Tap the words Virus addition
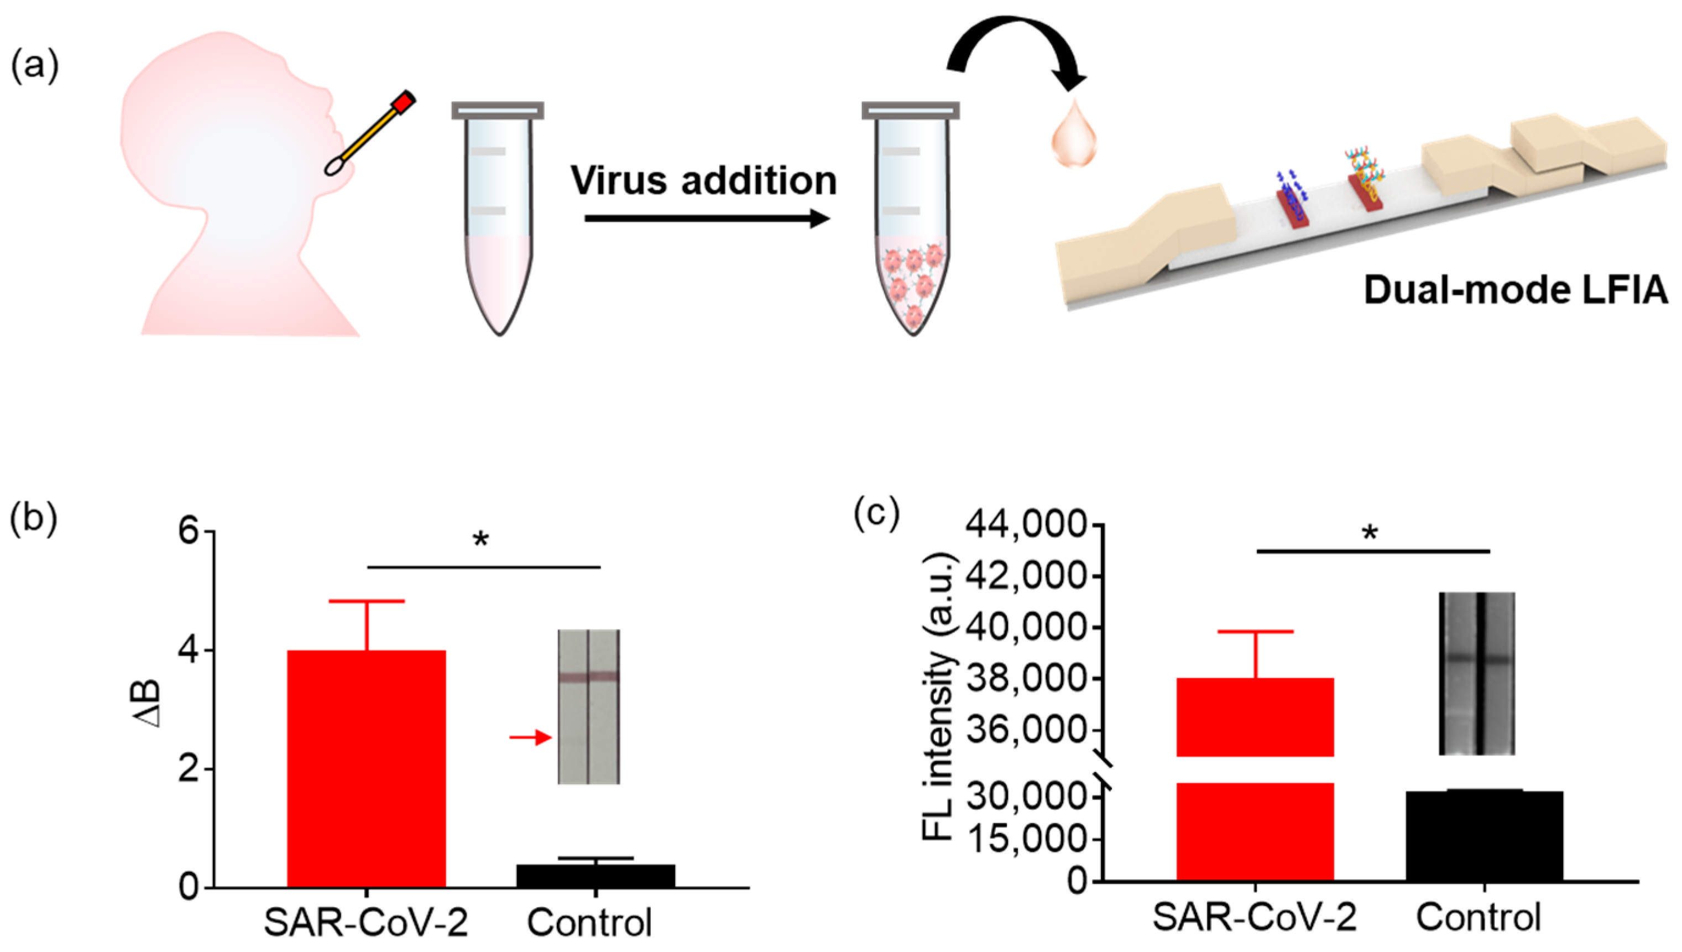click(703, 180)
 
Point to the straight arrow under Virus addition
click(706, 219)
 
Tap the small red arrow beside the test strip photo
click(530, 737)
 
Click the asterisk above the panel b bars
click(481, 540)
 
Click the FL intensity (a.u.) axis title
click(939, 696)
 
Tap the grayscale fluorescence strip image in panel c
click(1476, 673)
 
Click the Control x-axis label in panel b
click(589, 923)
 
